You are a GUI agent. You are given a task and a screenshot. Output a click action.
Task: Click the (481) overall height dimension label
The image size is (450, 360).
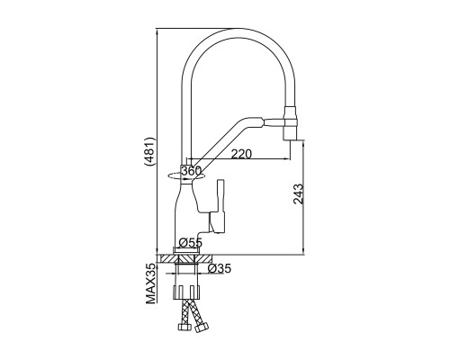(x=150, y=152)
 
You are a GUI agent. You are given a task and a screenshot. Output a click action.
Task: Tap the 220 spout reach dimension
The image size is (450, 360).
(x=241, y=154)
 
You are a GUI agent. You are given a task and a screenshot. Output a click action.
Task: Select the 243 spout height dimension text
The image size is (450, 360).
(x=299, y=194)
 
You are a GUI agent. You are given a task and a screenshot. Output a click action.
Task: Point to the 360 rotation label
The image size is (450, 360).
(x=191, y=171)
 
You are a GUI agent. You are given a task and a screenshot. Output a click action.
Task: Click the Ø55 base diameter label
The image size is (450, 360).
(x=191, y=242)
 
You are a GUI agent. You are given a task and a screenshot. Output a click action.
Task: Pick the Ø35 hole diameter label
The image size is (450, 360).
(x=220, y=268)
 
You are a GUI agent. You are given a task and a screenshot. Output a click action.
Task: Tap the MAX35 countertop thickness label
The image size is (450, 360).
(x=151, y=283)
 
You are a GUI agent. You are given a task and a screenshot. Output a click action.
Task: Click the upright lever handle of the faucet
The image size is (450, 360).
(x=220, y=206)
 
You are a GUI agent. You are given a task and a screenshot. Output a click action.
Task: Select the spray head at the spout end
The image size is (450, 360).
(x=291, y=123)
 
